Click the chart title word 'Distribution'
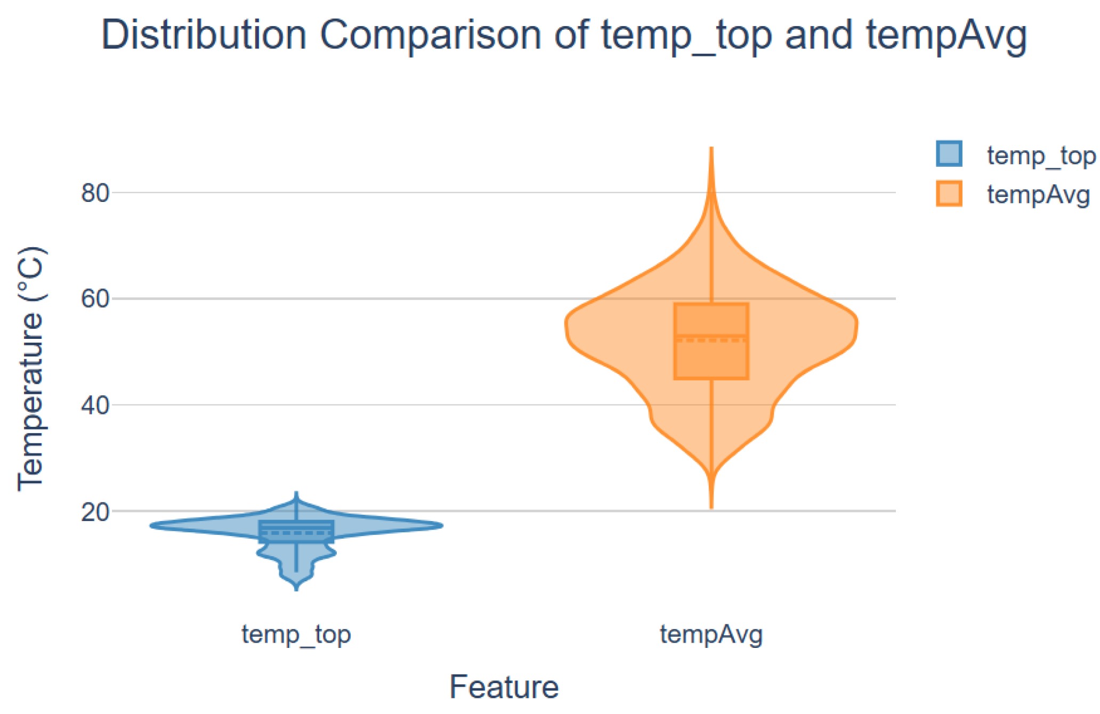pos(204,35)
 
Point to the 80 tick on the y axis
pos(95,193)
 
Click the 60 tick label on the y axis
pos(95,299)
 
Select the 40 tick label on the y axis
pos(95,405)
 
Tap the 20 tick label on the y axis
pos(95,512)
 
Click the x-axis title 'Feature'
pos(504,686)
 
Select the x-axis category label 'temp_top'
pos(296,635)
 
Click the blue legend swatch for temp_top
pos(949,154)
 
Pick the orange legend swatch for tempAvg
pos(949,193)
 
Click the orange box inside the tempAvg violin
pos(711,341)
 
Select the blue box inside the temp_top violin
pos(296,532)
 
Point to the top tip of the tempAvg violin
pos(711,147)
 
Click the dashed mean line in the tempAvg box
pos(711,340)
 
